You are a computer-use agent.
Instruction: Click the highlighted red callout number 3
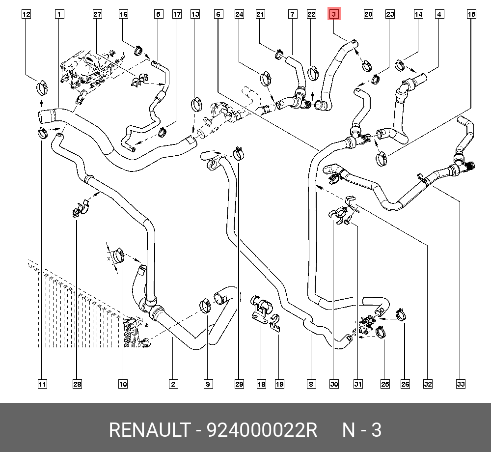pyautogui.click(x=333, y=14)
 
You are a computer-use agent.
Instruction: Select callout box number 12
pyautogui.click(x=26, y=14)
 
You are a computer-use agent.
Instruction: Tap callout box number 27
pyautogui.click(x=97, y=14)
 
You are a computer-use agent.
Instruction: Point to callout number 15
pyautogui.click(x=471, y=14)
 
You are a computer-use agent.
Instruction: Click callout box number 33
pyautogui.click(x=461, y=384)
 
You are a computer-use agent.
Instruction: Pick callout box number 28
pyautogui.click(x=77, y=384)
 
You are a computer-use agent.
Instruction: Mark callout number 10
pyautogui.click(x=122, y=384)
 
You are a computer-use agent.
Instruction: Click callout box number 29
pyautogui.click(x=239, y=384)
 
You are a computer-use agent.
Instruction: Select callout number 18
pyautogui.click(x=261, y=384)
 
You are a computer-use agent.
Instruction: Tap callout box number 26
pyautogui.click(x=405, y=384)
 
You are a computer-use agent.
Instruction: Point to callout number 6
pyautogui.click(x=218, y=14)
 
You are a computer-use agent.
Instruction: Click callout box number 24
pyautogui.click(x=239, y=14)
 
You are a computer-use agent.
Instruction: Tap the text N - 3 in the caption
pyautogui.click(x=361, y=430)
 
